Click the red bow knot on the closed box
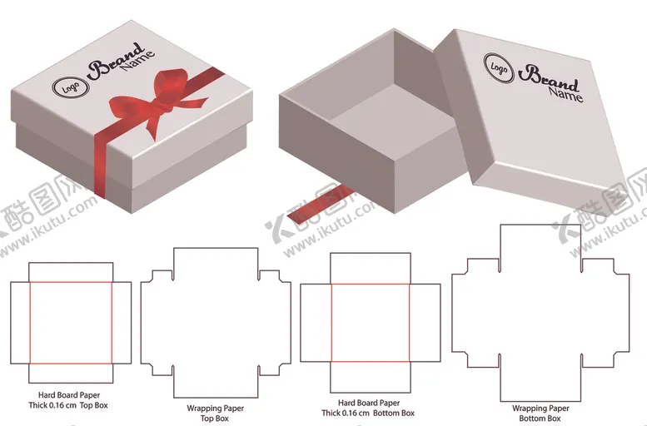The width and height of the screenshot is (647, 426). (x=164, y=106)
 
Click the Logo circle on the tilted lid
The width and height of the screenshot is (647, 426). (x=499, y=68)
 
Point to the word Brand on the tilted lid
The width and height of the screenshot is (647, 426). (x=549, y=79)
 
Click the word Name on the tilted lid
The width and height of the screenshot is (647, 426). (x=565, y=95)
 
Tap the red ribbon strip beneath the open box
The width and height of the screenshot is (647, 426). (x=321, y=205)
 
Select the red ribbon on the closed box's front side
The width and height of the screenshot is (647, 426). (x=100, y=164)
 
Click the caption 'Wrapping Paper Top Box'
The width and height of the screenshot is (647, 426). (x=215, y=413)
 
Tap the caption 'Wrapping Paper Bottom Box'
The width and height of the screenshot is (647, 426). (x=540, y=414)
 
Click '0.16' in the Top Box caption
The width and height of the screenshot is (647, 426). (x=57, y=405)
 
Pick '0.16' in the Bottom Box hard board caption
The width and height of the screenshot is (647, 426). (x=351, y=413)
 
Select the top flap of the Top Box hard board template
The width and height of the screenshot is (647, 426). (x=71, y=272)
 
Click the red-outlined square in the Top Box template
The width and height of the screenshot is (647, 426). (x=71, y=323)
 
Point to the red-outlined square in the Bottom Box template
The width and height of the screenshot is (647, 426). (x=370, y=323)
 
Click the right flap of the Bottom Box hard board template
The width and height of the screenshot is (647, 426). (x=425, y=323)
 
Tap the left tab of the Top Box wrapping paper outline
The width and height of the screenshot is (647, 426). (x=157, y=323)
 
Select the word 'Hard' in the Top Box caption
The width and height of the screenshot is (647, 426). (x=47, y=395)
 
